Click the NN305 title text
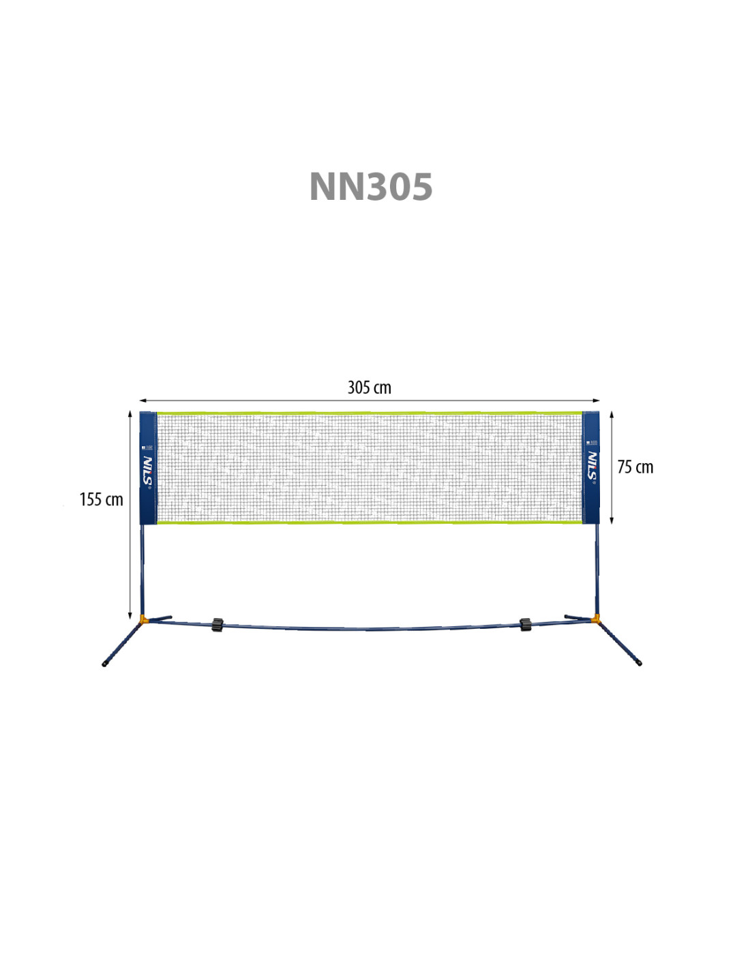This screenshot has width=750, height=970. pos(371,187)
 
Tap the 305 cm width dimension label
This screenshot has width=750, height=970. pos(370,387)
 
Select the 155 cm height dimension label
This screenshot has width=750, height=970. pos(102,499)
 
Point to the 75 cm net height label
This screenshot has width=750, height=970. pos(635,467)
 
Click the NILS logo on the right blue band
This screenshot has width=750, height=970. pos(592,467)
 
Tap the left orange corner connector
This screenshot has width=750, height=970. pos(143,620)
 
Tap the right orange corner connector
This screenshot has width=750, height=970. pos(596,619)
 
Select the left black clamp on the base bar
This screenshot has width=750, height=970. pos(217,624)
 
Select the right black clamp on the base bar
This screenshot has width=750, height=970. pos(525,624)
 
